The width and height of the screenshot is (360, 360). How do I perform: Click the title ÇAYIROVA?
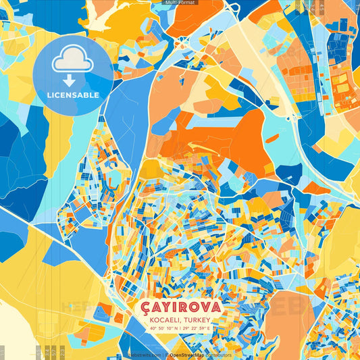180,307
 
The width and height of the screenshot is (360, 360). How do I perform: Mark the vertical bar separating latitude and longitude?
180,328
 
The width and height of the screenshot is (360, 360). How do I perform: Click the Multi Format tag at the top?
180,3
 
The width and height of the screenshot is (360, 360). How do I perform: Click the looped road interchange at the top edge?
233,9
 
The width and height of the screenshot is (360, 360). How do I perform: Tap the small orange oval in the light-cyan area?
272,139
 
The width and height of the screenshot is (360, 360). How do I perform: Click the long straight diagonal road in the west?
54,236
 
